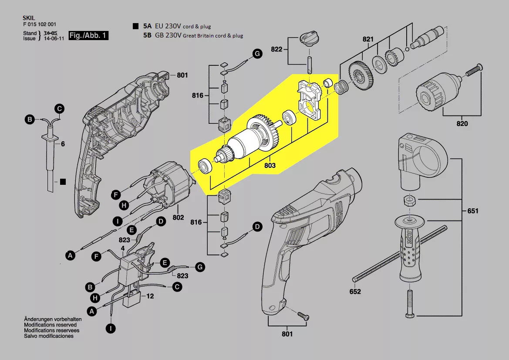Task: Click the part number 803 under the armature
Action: [x=269, y=166]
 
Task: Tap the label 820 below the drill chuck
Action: [x=462, y=124]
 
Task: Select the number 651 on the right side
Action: [x=472, y=211]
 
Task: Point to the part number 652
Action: [x=355, y=292]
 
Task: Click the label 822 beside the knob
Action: [x=276, y=49]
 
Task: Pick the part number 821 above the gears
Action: [x=368, y=40]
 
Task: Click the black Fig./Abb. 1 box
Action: [x=89, y=35]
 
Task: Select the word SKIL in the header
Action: [x=29, y=18]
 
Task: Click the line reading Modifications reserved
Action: [x=50, y=325]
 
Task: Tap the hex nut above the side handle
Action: [x=410, y=201]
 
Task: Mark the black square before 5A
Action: [x=136, y=26]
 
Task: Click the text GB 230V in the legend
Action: [x=168, y=35]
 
